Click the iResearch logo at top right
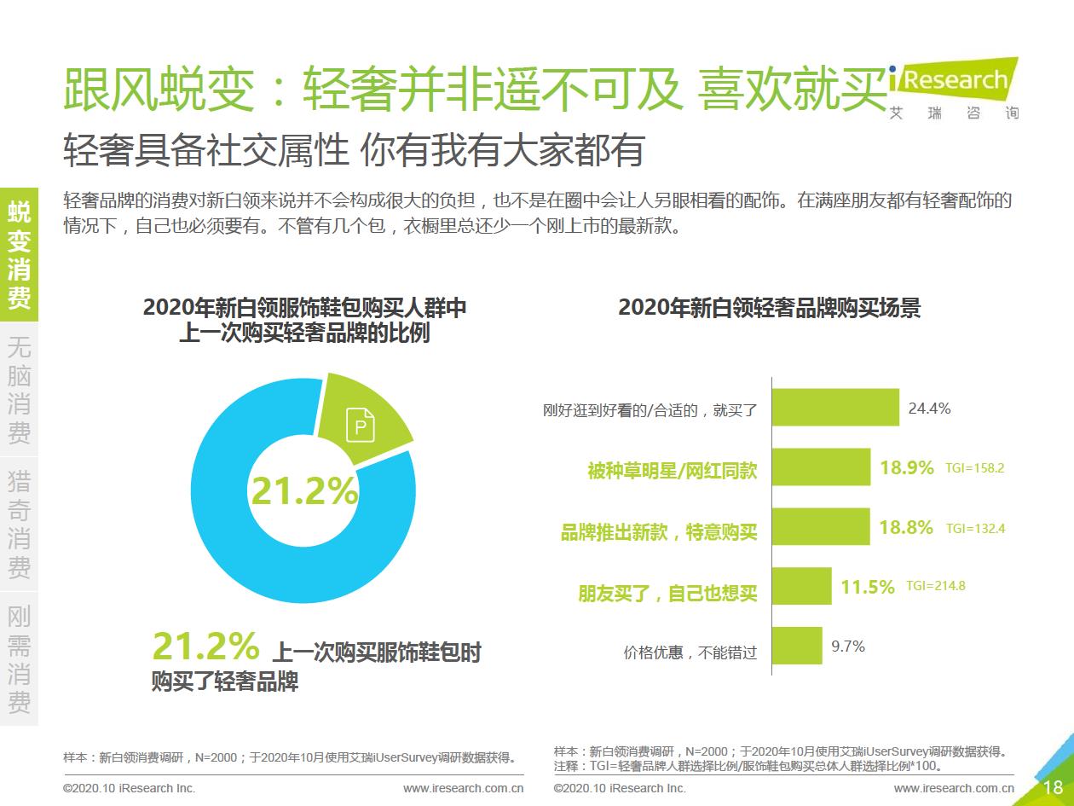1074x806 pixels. pos(953,85)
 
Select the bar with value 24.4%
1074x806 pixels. pos(835,408)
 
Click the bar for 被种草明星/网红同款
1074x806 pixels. pos(821,467)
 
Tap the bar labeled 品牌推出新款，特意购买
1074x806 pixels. pos(821,527)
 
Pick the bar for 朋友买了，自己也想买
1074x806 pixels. pos(801,586)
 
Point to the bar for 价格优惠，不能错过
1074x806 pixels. pos(797,646)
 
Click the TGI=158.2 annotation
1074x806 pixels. pos(975,468)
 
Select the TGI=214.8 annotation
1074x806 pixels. pos(935,586)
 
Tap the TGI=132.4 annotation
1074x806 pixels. pos(975,528)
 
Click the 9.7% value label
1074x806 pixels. pos(848,647)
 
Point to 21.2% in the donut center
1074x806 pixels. pos(303,491)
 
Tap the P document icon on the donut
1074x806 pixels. pos(361,425)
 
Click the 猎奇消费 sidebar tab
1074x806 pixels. pos(19,524)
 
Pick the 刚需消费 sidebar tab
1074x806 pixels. pos(19,658)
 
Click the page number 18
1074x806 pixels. pos(1052,787)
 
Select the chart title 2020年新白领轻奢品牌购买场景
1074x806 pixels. pos(769,308)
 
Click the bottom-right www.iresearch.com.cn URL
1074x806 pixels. pos(954,788)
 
